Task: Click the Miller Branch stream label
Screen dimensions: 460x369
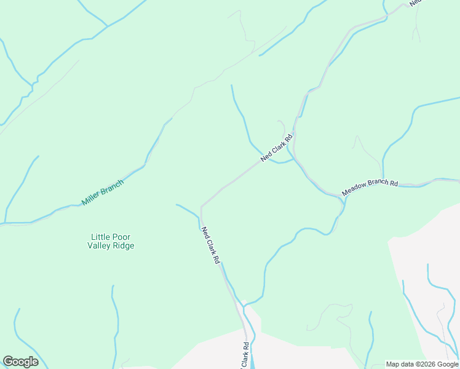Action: click(103, 192)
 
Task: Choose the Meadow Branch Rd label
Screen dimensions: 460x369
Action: click(370, 187)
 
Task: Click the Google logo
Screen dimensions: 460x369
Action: click(20, 362)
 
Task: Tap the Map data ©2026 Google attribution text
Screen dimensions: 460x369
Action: click(422, 364)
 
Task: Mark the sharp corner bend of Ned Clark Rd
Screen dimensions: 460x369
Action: click(202, 207)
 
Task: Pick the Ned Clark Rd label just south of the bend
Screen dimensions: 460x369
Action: click(210, 245)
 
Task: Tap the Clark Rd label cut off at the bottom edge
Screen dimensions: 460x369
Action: click(245, 356)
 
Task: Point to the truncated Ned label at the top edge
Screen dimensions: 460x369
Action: click(416, 2)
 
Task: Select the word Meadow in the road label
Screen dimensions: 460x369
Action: click(354, 190)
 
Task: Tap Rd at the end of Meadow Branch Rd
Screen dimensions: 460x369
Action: click(394, 183)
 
